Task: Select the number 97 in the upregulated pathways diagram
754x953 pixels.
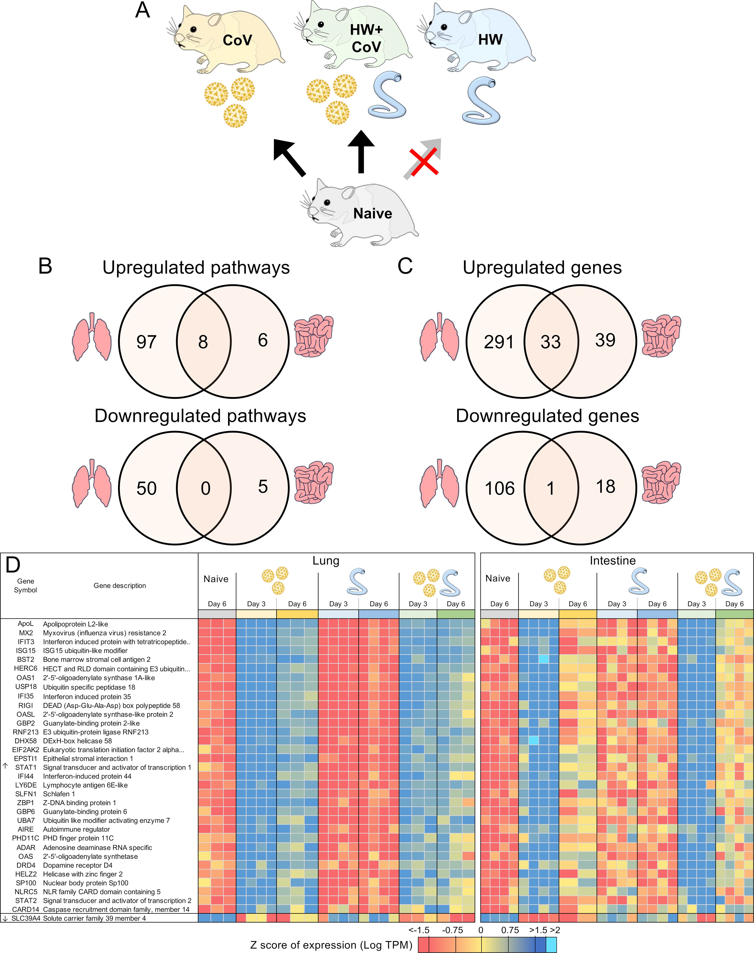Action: pyautogui.click(x=146, y=342)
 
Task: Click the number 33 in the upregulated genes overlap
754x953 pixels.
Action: pyautogui.click(x=550, y=342)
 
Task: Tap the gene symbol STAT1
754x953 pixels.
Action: pyautogui.click(x=26, y=767)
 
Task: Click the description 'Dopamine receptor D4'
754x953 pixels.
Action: pyautogui.click(x=78, y=865)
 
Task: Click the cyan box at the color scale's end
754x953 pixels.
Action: pyautogui.click(x=551, y=945)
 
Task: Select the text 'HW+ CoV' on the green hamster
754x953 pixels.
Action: pyautogui.click(x=366, y=38)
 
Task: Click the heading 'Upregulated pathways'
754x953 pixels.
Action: pyautogui.click(x=196, y=267)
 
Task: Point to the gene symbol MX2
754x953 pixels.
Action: pyautogui.click(x=26, y=633)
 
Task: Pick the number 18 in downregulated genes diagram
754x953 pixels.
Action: pyautogui.click(x=605, y=487)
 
